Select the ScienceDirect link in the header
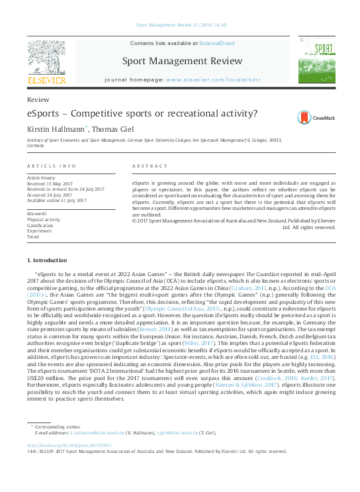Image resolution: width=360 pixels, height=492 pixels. click(217, 43)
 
